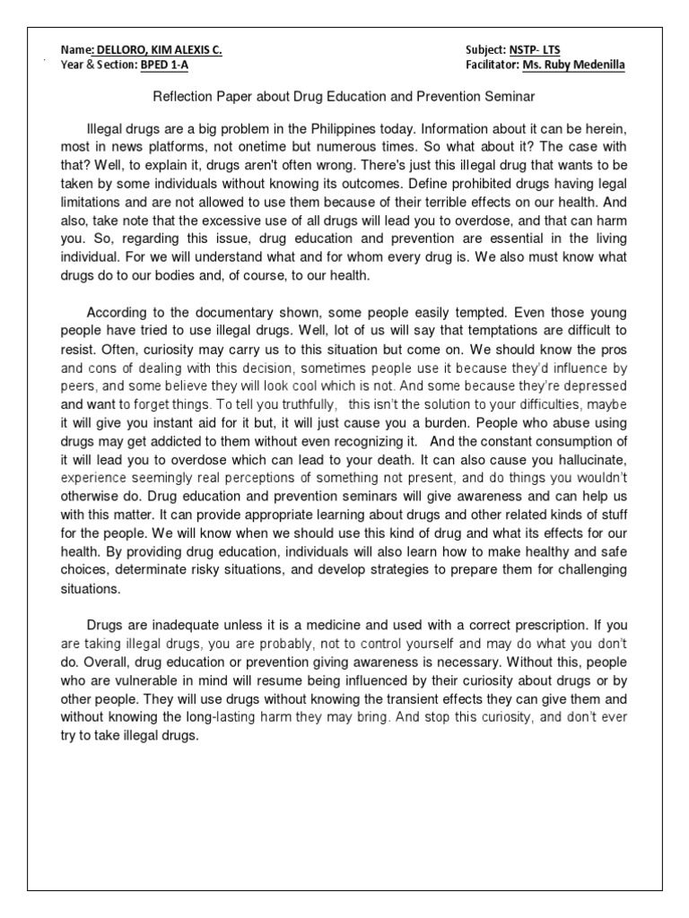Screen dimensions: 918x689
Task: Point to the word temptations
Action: (481, 328)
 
